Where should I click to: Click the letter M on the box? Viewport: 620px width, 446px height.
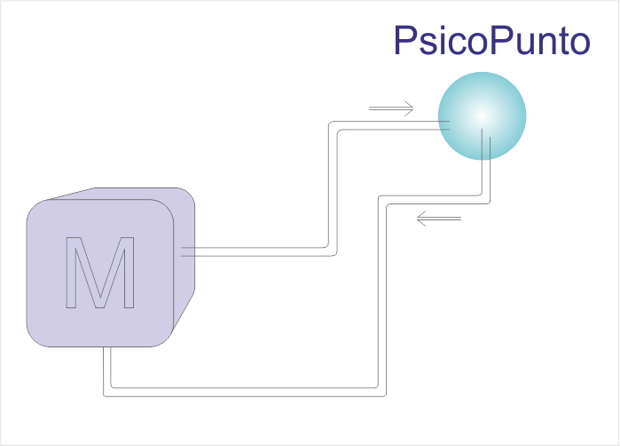click(x=100, y=273)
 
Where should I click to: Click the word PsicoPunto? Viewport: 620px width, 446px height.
click(x=491, y=41)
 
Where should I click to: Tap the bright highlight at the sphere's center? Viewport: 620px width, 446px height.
click(x=479, y=115)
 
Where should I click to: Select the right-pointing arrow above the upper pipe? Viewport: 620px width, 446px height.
click(x=391, y=110)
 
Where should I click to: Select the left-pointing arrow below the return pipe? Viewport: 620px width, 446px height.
click(x=439, y=219)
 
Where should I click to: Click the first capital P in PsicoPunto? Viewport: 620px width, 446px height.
click(x=407, y=41)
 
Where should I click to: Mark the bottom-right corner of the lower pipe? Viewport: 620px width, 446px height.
click(x=381, y=390)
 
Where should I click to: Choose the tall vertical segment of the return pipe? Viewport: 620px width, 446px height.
click(x=381, y=293)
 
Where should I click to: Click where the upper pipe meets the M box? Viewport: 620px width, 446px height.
click(x=186, y=252)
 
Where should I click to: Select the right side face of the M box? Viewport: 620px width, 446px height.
click(x=184, y=258)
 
